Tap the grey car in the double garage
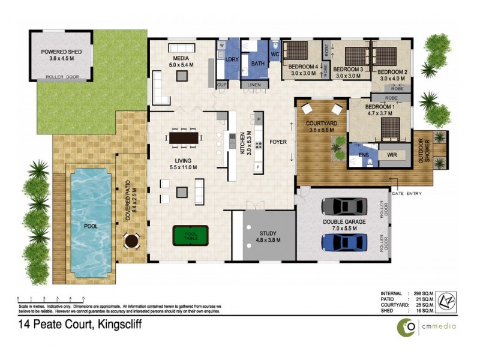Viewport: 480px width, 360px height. click(x=344, y=206)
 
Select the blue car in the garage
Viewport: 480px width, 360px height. click(x=344, y=242)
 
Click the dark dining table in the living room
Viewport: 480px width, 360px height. click(x=184, y=139)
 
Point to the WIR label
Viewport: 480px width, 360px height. click(x=393, y=155)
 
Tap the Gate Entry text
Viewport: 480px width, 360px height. click(x=407, y=193)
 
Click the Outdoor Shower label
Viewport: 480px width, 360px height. click(x=427, y=151)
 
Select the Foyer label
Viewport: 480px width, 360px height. click(x=278, y=142)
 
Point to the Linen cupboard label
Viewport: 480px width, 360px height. click(x=254, y=85)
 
